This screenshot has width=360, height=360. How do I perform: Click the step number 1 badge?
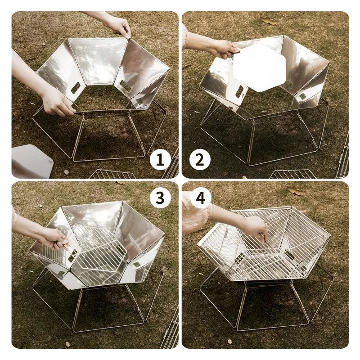click(x=160, y=160)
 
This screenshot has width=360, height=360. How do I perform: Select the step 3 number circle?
click(x=160, y=198)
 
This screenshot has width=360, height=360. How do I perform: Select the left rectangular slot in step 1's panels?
click(x=75, y=88)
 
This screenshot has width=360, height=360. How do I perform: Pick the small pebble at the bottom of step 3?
click(x=67, y=344)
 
